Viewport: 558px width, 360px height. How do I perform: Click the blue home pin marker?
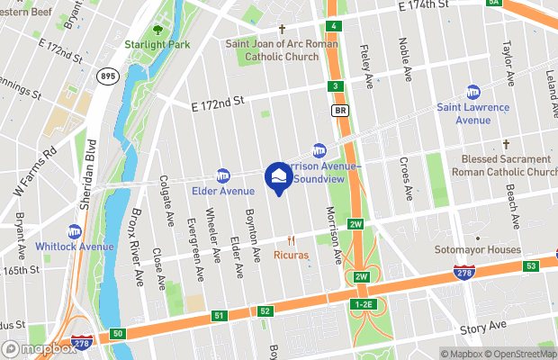[x=278, y=176]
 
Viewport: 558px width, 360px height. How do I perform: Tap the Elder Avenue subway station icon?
[x=224, y=175]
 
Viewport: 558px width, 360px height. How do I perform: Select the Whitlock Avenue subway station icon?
[x=75, y=231]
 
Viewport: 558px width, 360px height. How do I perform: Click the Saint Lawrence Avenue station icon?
[x=473, y=92]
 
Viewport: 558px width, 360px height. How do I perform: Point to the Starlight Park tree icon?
[x=158, y=29]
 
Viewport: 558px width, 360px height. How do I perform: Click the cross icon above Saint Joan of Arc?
[x=282, y=29]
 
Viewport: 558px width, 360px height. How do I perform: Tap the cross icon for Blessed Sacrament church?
[x=506, y=144]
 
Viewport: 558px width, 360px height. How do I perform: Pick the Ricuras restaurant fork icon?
[x=291, y=240]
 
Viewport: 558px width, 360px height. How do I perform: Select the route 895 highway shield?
[x=108, y=76]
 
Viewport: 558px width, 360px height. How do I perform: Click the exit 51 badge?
[x=220, y=316]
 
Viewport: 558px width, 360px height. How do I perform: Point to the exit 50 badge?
[x=119, y=335]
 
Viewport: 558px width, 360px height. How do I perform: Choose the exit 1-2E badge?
[x=364, y=305]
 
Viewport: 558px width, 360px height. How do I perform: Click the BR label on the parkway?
[x=340, y=111]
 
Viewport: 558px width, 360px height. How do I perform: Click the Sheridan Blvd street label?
[x=90, y=180]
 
